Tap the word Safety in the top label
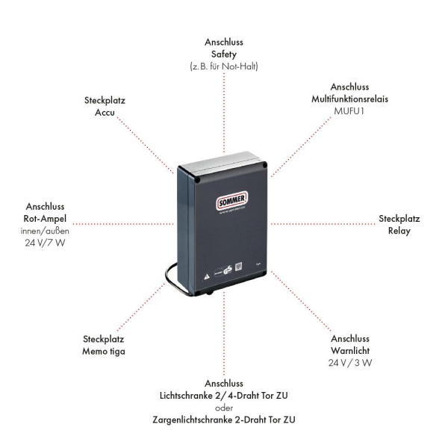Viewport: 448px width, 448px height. (x=224, y=55)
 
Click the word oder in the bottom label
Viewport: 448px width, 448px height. (x=224, y=408)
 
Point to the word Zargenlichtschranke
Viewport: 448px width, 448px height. (x=196, y=420)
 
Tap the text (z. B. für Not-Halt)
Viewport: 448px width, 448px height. (x=224, y=66)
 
